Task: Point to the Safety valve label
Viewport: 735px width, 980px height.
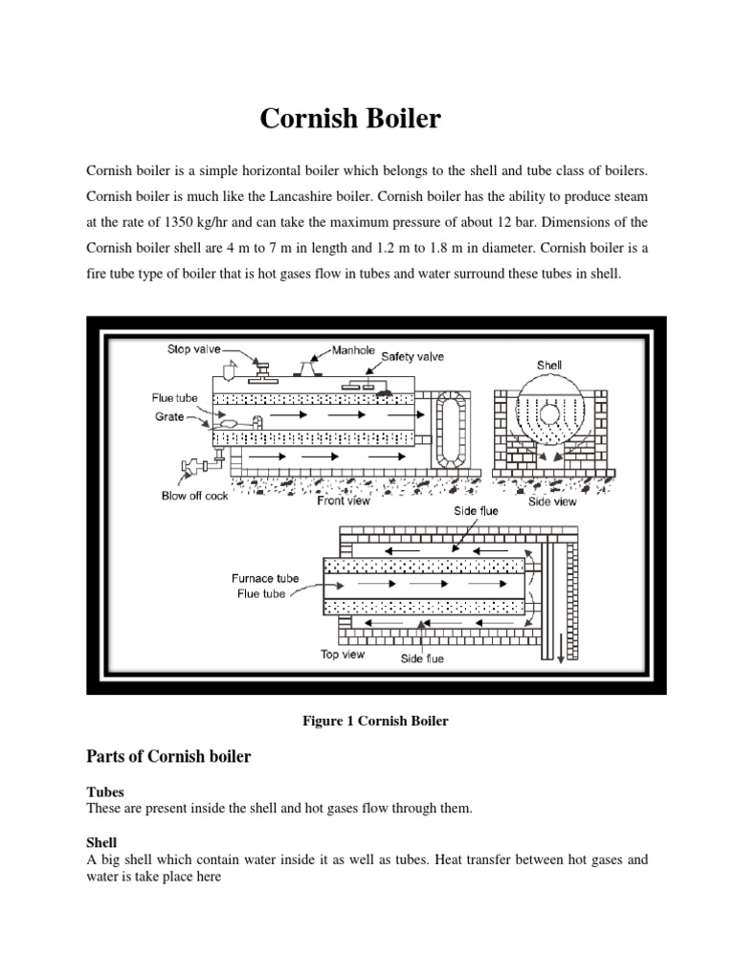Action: click(412, 357)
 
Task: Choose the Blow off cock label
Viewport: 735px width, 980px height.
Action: click(195, 496)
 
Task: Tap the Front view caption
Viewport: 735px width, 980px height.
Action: click(345, 501)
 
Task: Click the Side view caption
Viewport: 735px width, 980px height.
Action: click(553, 501)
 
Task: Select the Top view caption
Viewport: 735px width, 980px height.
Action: click(342, 655)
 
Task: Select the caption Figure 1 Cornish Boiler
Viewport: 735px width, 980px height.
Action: click(367, 721)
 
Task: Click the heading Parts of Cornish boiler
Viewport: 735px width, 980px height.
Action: click(168, 756)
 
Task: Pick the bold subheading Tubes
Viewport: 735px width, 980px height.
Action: click(104, 792)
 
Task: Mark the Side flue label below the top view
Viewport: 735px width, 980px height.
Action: click(422, 658)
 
